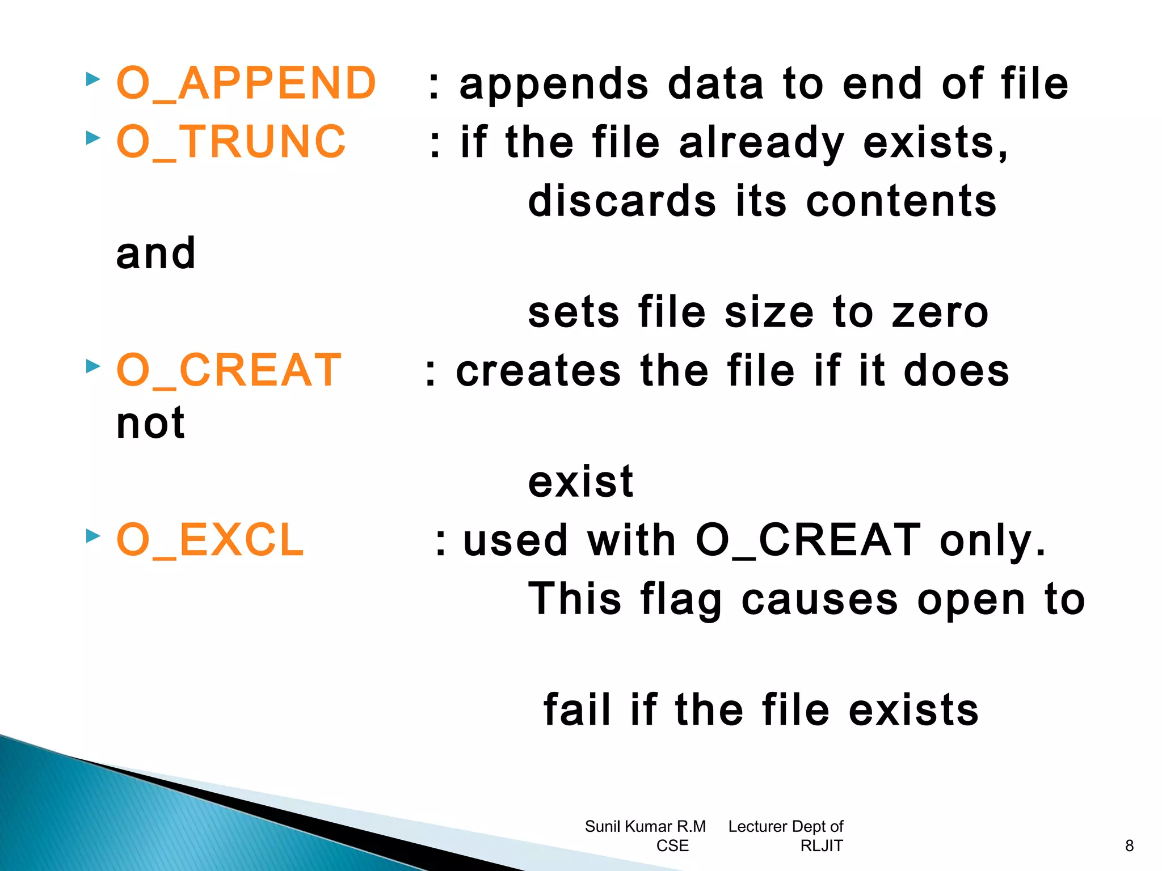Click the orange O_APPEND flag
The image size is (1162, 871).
pos(246,83)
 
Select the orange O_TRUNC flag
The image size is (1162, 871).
pos(231,142)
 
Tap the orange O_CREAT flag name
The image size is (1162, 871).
pos(229,370)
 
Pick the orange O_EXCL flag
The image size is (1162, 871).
pos(210,540)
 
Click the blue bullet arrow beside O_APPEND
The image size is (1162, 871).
pos(93,79)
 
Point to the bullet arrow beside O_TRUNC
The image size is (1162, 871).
pos(93,138)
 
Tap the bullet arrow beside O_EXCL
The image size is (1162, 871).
pos(93,535)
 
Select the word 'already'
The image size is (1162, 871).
pos(761,143)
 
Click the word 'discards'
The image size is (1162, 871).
pos(622,201)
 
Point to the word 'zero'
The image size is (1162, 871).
pos(940,312)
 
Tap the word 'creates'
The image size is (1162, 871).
pos(538,371)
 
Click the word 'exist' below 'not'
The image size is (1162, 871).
pos(580,482)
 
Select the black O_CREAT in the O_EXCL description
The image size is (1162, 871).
pos(807,540)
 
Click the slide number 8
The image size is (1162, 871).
pos(1129,846)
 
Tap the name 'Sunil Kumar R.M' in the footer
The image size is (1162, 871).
pos(645,827)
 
